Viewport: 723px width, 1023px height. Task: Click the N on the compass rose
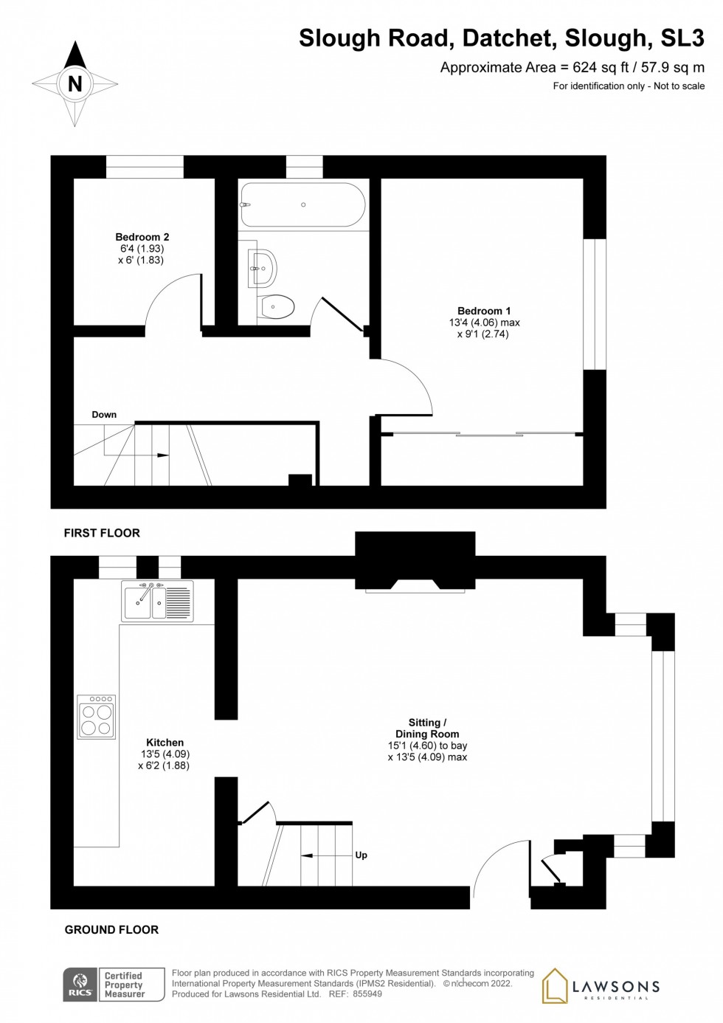75,84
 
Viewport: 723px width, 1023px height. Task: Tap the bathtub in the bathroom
302,204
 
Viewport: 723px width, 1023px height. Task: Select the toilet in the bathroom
277,306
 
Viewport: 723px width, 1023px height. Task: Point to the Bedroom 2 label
142,237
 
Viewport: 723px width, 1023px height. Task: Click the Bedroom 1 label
484,311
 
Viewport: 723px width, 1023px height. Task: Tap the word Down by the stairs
104,415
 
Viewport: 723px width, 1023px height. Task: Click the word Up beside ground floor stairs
361,855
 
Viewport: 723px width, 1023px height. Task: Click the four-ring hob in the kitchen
97,717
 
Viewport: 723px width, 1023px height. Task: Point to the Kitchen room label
165,743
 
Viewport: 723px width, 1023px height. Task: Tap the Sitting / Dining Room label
427,728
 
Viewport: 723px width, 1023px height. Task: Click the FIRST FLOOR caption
102,533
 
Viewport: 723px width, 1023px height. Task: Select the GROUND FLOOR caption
111,930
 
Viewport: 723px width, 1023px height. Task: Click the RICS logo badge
80,985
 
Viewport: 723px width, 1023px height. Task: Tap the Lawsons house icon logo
556,986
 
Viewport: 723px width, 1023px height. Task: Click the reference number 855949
367,994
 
